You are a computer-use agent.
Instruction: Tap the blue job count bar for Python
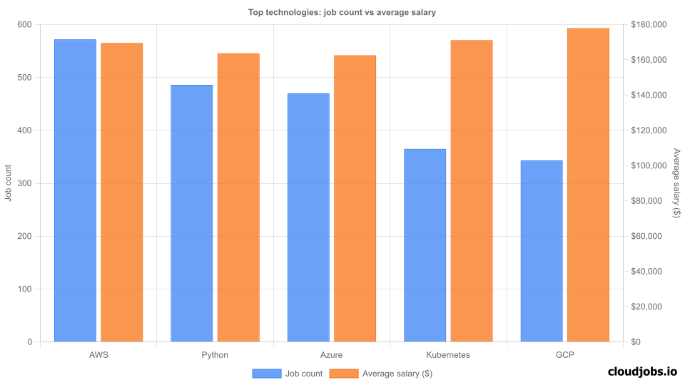192,213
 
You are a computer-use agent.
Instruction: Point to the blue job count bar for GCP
542,251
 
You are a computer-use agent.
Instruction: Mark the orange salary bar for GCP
588,185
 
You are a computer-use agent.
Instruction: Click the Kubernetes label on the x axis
448,354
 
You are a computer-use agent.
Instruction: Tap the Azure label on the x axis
332,354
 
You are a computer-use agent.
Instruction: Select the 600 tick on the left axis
25,25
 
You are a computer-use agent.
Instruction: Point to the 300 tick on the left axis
25,183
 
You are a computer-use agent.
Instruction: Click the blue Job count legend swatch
267,373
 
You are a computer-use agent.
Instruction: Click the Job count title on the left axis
9,183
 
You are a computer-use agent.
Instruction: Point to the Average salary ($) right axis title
676,183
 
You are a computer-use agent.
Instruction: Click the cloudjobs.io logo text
642,371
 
